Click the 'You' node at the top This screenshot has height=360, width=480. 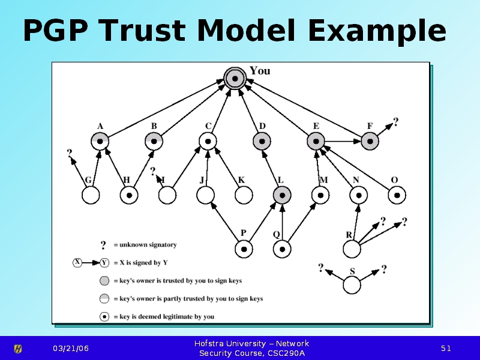click(x=235, y=78)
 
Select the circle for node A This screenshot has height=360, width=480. click(x=100, y=141)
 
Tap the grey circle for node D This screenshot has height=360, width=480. click(x=262, y=141)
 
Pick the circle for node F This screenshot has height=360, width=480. click(x=370, y=141)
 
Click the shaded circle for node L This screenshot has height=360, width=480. click(x=281, y=195)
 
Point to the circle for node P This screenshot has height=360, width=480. click(x=244, y=248)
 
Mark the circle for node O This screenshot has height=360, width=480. click(x=397, y=195)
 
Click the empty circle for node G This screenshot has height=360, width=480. click(x=91, y=195)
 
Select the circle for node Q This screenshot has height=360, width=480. click(x=282, y=248)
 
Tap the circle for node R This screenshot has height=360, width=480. click(x=352, y=248)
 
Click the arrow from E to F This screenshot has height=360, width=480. click(x=343, y=142)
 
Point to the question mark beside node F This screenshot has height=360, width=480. click(x=395, y=122)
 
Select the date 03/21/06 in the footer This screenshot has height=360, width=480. click(x=70, y=349)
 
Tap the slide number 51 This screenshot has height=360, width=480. click(x=446, y=349)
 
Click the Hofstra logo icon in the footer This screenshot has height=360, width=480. click(x=18, y=349)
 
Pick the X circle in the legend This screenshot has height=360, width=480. click(x=77, y=262)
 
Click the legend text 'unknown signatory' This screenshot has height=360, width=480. click(x=148, y=245)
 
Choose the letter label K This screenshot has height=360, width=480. click(x=241, y=179)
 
